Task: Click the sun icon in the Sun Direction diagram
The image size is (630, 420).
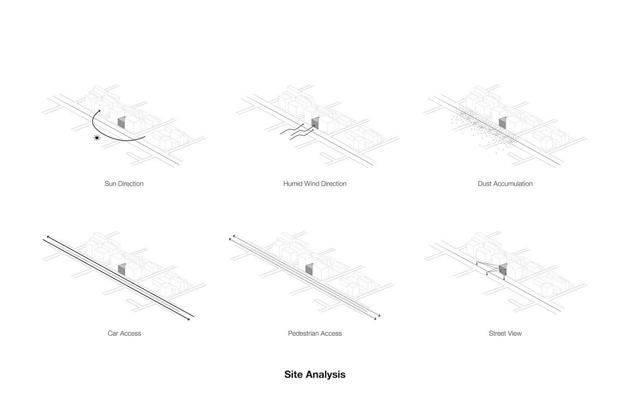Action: pyautogui.click(x=97, y=137)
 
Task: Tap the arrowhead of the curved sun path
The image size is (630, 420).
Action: pyautogui.click(x=99, y=111)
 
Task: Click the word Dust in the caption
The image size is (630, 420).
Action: pyautogui.click(x=485, y=184)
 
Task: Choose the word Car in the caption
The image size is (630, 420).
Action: pyautogui.click(x=113, y=333)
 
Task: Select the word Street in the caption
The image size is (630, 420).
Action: pyautogui.click(x=498, y=333)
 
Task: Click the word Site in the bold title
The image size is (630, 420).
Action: pyautogui.click(x=293, y=374)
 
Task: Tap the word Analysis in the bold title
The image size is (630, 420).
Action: pyautogui.click(x=325, y=374)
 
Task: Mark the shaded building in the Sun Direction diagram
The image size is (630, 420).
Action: pyautogui.click(x=121, y=123)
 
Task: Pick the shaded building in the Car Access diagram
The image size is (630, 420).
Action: pyautogui.click(x=121, y=269)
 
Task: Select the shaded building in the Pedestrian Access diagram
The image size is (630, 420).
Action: pyautogui.click(x=309, y=269)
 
